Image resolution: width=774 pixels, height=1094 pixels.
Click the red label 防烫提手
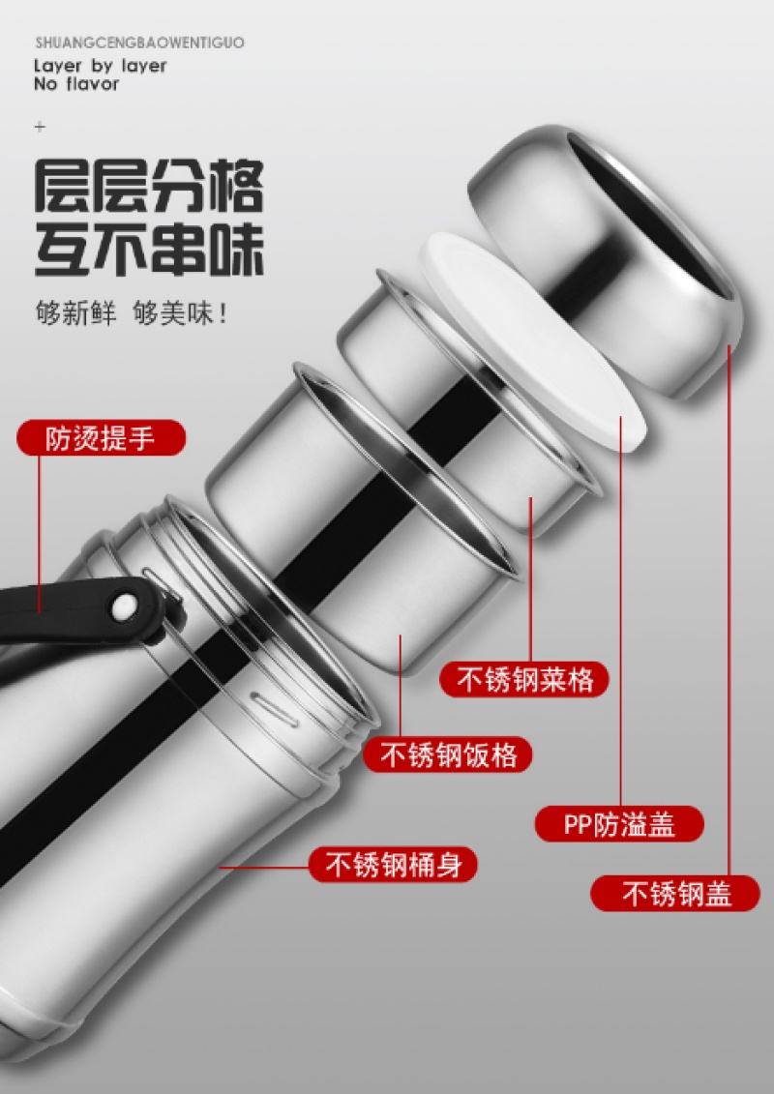click(x=102, y=438)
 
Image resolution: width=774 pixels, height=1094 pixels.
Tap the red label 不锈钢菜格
click(x=524, y=679)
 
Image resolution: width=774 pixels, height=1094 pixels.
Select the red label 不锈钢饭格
click(x=447, y=754)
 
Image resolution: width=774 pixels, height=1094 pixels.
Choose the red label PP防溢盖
click(x=619, y=824)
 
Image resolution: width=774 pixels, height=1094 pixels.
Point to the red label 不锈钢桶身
click(x=394, y=865)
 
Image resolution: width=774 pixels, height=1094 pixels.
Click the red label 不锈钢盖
click(x=675, y=893)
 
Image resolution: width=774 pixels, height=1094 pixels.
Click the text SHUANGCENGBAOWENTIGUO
click(x=139, y=43)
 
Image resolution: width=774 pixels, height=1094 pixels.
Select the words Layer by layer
click(x=101, y=67)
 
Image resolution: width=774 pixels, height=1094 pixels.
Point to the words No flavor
click(x=76, y=84)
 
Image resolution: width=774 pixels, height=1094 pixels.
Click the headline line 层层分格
click(x=149, y=187)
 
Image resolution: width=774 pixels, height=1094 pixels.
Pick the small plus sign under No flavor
click(x=40, y=127)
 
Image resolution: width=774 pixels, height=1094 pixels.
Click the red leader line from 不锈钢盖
click(x=729, y=609)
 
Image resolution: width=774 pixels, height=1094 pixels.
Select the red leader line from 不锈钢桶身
click(x=264, y=868)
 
